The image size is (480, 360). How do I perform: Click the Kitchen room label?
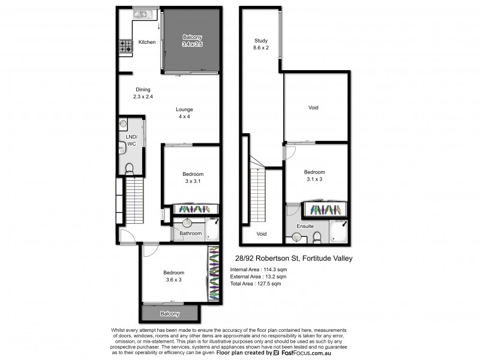point(147,42)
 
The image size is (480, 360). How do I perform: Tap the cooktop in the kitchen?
point(125,46)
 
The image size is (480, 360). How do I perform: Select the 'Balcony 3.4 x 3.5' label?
point(193,40)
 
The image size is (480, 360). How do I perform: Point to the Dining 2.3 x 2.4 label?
point(143,93)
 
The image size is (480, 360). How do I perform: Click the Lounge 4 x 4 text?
point(184,113)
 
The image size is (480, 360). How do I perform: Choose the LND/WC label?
point(131,140)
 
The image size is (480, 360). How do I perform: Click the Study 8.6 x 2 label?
point(260,44)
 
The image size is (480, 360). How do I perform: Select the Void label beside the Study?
point(313,108)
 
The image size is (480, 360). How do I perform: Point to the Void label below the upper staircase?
point(261,234)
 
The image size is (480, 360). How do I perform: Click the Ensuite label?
point(306,226)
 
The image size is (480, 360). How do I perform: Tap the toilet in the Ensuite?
point(317,239)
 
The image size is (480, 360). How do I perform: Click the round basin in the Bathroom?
point(186,224)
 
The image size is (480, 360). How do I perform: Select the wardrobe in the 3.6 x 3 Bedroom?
point(214,274)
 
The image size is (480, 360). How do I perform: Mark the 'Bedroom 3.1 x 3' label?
point(314,175)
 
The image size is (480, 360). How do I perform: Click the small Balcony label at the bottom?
point(170,314)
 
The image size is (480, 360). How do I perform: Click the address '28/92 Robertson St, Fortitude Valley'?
point(292,259)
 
